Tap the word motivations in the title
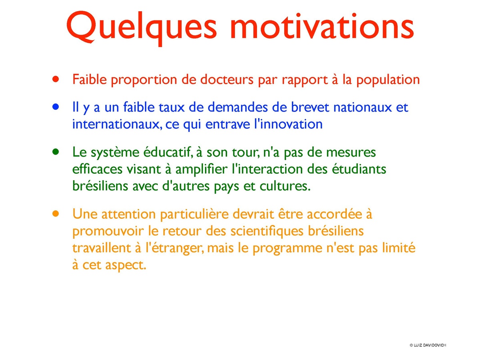coord(322,27)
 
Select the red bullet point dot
coord(55,79)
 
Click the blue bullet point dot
coord(55,107)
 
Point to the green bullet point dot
coord(55,152)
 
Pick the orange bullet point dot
coord(55,214)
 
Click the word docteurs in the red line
coord(227,80)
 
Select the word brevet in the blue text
coord(310,107)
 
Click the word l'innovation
coord(288,124)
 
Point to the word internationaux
coord(116,125)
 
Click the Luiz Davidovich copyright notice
coord(428,345)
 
